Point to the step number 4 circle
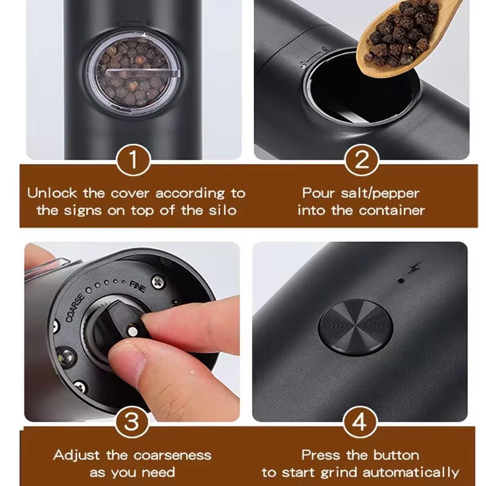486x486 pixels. pyautogui.click(x=361, y=420)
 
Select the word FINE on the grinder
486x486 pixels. pyautogui.click(x=138, y=287)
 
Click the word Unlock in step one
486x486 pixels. pyautogui.click(x=52, y=194)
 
